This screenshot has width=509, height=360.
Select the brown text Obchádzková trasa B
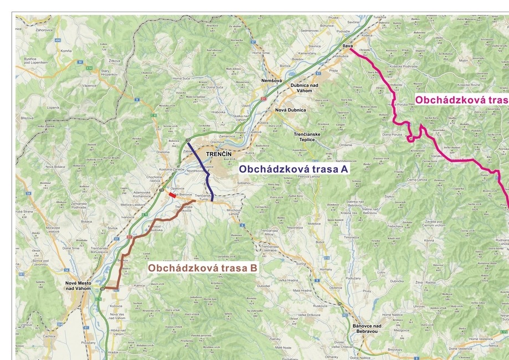click(x=203, y=268)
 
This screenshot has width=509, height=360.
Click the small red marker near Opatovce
click(x=173, y=194)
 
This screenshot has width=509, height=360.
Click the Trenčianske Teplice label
click(x=307, y=137)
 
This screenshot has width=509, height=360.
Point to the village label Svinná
click(x=301, y=264)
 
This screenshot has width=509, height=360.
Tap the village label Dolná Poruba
click(x=393, y=135)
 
